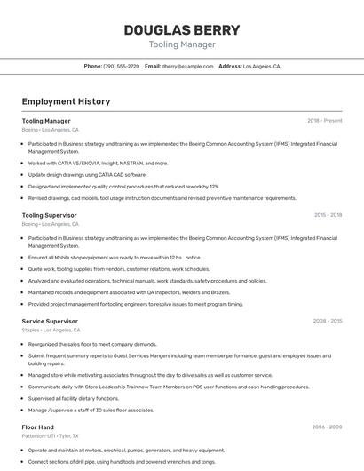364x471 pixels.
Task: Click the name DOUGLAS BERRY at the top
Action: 181,29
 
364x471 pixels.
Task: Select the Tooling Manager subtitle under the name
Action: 181,44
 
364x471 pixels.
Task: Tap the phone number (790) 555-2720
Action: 121,66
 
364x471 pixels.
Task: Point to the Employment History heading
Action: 66,101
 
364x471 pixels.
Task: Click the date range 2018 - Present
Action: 324,120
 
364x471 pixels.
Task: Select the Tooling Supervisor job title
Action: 50,215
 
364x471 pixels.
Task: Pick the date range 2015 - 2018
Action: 328,215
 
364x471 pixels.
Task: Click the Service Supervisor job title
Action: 50,321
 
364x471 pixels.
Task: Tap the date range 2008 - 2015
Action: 328,321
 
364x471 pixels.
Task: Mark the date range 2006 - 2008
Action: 327,427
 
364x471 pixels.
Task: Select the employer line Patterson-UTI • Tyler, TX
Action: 51,436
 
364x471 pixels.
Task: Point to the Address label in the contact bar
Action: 230,66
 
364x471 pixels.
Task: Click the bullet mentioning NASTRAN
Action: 98,163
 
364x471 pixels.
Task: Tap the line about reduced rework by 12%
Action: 123,187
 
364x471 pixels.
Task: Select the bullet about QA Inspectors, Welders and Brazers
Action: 129,292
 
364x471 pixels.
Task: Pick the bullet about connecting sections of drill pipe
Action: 122,462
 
